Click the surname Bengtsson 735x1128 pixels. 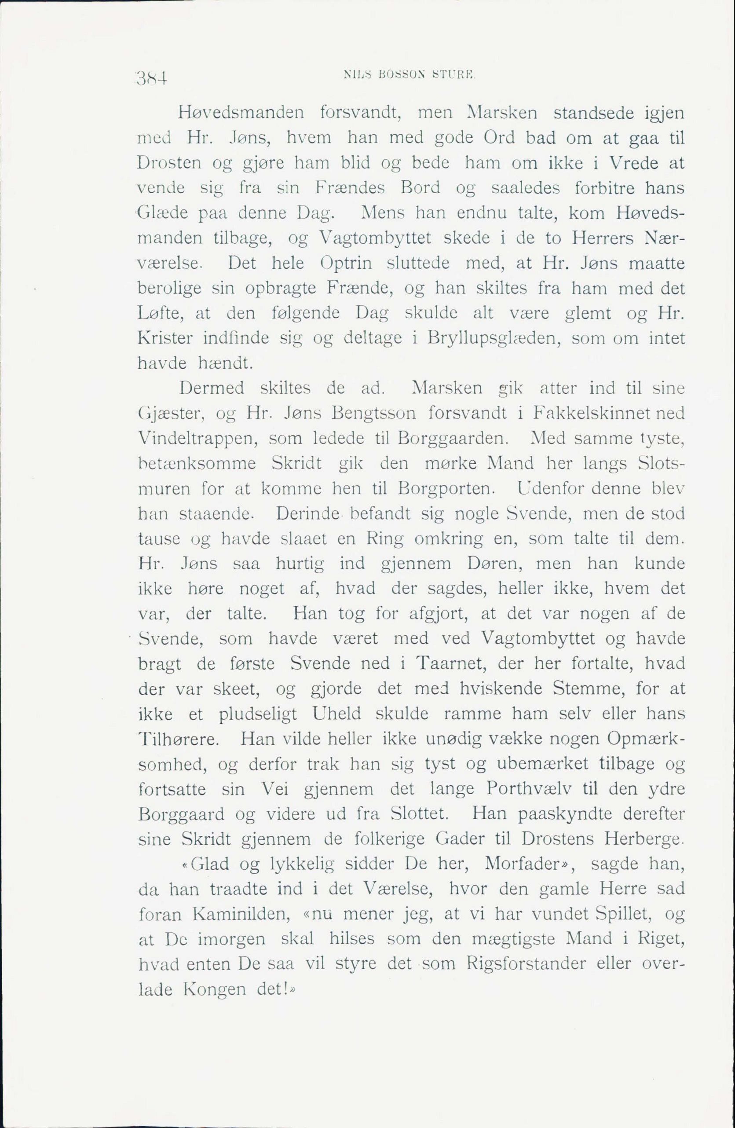click(374, 414)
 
